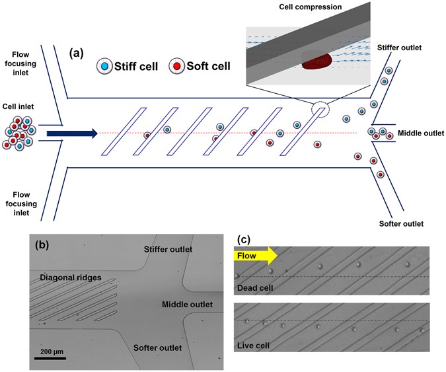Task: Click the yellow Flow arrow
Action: coord(255,255)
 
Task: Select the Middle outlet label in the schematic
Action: coord(420,133)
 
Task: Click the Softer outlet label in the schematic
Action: coord(404,223)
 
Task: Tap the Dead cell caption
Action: coord(254,287)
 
